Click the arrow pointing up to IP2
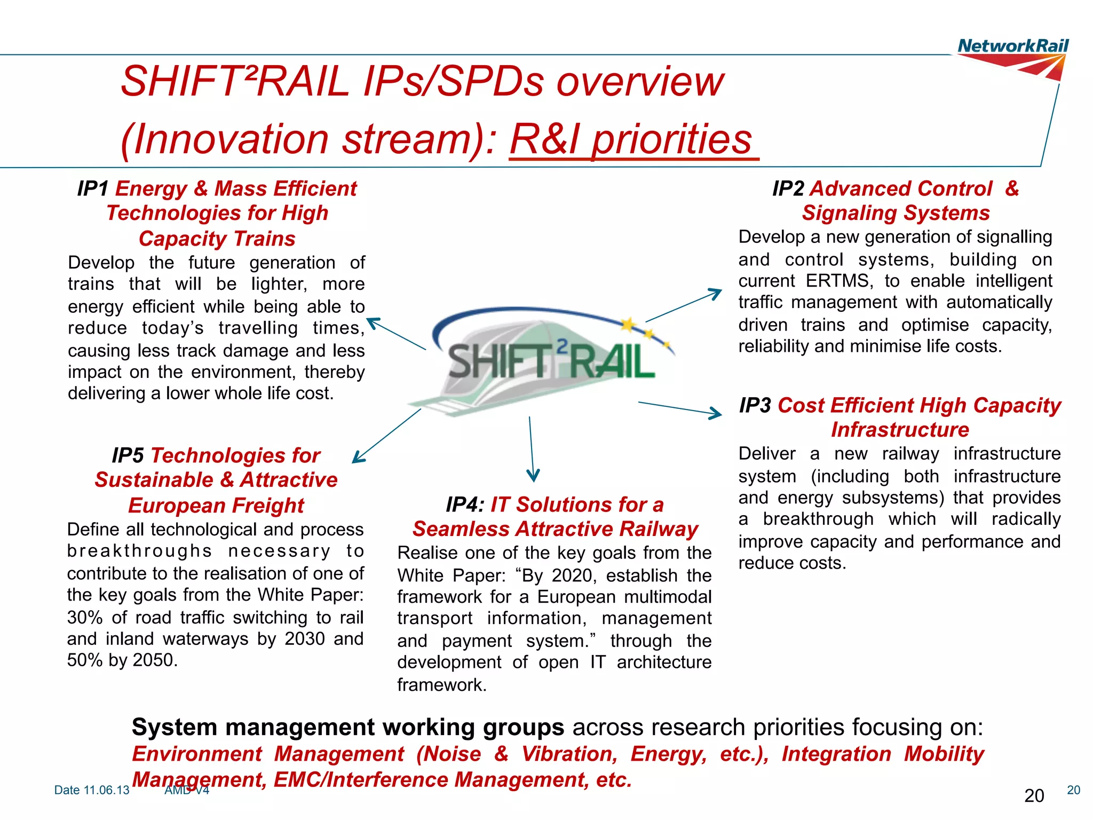click(684, 305)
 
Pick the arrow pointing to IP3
click(680, 408)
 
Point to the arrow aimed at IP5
click(386, 436)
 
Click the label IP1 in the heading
click(93, 188)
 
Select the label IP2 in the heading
click(788, 188)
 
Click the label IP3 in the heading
click(755, 405)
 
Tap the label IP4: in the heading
click(465, 504)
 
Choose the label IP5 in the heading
click(128, 455)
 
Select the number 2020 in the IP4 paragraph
click(572, 575)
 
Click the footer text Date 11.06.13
click(92, 790)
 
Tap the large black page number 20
click(1034, 796)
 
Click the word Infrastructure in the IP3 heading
click(900, 430)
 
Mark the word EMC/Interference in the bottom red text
click(358, 780)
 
